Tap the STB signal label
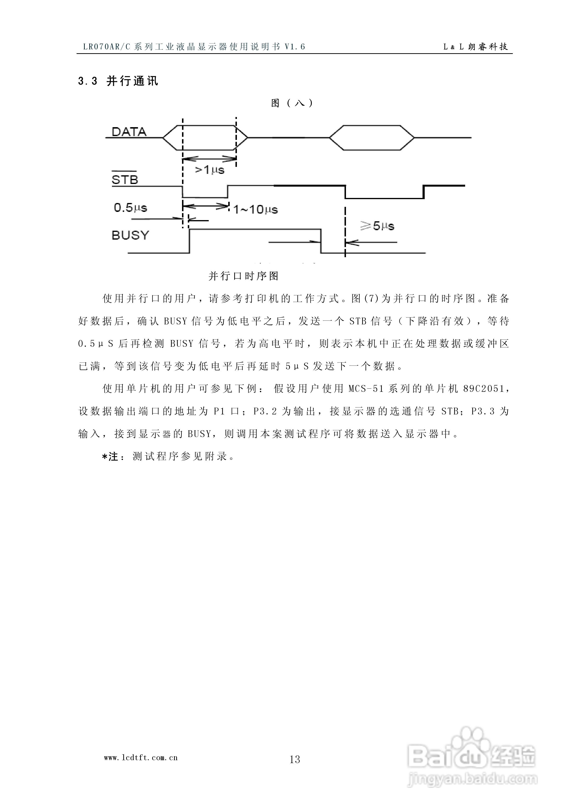click(125, 180)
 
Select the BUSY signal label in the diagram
click(130, 235)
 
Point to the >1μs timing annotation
click(210, 170)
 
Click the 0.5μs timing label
click(130, 207)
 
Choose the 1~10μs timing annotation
click(255, 210)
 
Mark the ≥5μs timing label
click(377, 226)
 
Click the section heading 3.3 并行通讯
click(118, 81)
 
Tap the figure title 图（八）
click(292, 103)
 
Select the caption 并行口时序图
click(244, 276)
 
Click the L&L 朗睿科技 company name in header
click(475, 47)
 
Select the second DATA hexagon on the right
click(372, 137)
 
